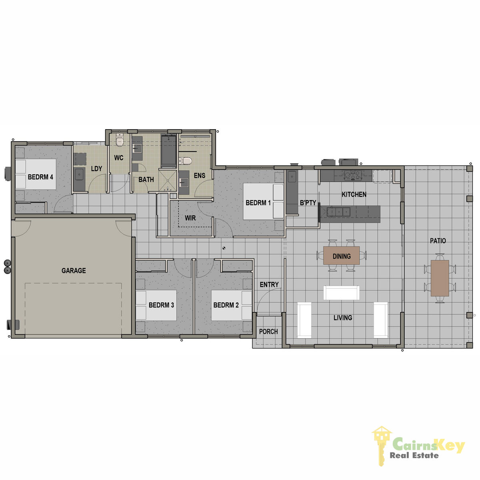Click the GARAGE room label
point(74,270)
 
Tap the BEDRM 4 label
point(40,177)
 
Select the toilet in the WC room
point(120,140)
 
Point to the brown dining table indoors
point(341,255)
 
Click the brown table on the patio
point(440,278)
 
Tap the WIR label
point(190,218)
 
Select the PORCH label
point(268,332)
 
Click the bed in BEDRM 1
point(263,202)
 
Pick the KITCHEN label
point(354,194)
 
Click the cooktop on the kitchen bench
point(352,175)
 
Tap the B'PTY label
point(308,203)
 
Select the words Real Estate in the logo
point(414,455)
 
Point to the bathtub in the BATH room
point(169,151)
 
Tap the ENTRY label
point(269,284)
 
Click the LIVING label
point(343,318)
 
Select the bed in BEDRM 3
point(156,305)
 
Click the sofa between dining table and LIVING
point(341,293)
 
